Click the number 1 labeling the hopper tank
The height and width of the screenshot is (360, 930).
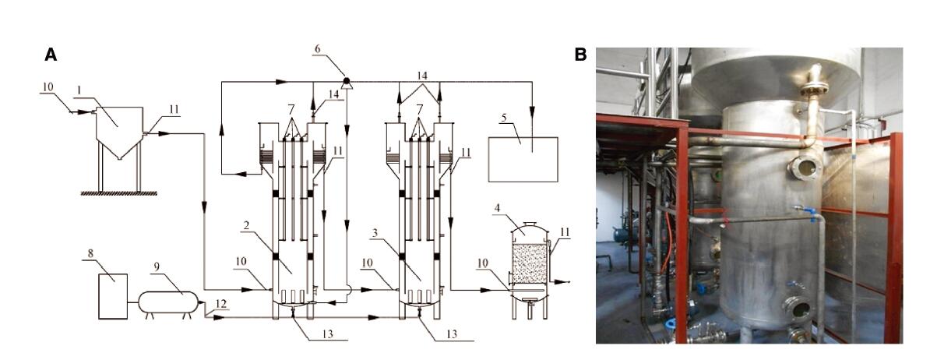click(79, 90)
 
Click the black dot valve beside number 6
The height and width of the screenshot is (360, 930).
click(346, 80)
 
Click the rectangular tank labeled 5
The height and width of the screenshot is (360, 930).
click(522, 160)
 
